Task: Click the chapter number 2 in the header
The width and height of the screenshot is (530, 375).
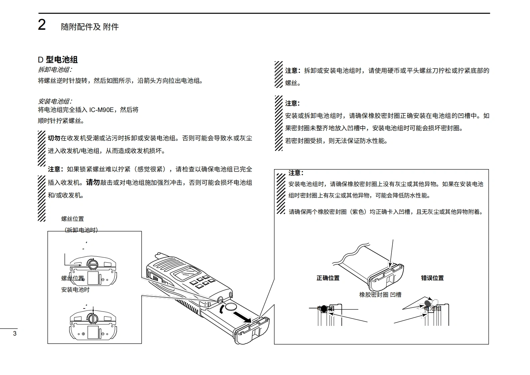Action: coord(42,25)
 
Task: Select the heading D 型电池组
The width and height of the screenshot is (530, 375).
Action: coord(58,60)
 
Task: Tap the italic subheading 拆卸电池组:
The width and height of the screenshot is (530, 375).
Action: coord(55,70)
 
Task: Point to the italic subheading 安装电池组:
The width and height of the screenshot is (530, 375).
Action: coord(55,101)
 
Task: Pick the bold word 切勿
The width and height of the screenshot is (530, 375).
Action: coord(54,138)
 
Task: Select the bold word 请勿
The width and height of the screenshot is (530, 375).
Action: coord(93,182)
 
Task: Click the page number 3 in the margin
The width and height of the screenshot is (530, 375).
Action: coord(14,334)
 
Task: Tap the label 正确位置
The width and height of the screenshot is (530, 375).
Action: coord(328,278)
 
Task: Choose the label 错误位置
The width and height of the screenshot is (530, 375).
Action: coord(432,278)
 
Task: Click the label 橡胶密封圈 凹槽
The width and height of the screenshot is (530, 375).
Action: coord(380,295)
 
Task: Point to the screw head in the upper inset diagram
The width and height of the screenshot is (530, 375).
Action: coord(92,264)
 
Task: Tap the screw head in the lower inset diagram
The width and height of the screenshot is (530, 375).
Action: coord(93,319)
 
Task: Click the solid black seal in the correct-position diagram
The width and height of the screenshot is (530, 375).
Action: coord(323,309)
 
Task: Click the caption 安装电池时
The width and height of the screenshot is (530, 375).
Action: coord(75,290)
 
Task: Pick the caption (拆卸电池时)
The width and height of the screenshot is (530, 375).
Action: coord(81,230)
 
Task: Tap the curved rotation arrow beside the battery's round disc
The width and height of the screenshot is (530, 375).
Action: coord(222,310)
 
